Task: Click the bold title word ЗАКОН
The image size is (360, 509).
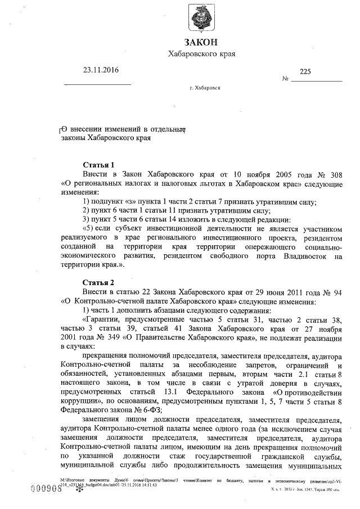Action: point(201,43)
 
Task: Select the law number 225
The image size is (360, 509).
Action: point(305,71)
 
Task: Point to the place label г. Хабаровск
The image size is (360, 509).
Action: point(205,89)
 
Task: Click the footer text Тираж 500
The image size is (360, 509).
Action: point(330,490)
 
